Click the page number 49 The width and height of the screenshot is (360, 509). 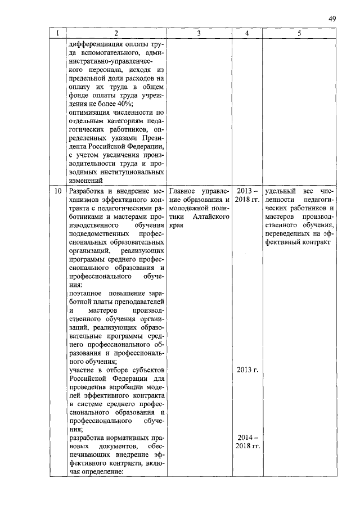pos(332,19)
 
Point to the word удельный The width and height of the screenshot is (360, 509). pos(281,192)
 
